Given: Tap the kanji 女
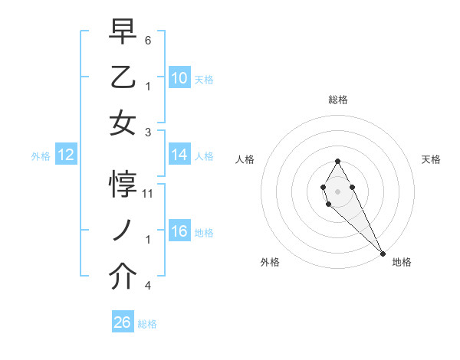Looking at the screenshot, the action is click(x=123, y=123).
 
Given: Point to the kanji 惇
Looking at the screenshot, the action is click(x=123, y=185).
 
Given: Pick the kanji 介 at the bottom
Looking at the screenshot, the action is click(x=123, y=277).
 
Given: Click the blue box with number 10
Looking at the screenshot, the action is click(x=179, y=78).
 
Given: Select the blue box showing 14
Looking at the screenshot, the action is click(x=179, y=155).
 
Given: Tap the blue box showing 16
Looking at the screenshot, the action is click(x=179, y=231).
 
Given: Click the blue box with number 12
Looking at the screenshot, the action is click(x=65, y=155).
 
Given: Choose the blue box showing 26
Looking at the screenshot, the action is click(x=123, y=322).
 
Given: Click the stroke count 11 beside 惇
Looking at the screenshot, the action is click(x=148, y=193).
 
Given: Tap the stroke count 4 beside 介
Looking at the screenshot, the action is click(x=148, y=286).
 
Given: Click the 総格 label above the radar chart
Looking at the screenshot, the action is click(x=337, y=100).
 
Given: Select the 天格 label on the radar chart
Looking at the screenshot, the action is click(x=431, y=159).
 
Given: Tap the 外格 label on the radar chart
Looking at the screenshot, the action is click(x=269, y=262).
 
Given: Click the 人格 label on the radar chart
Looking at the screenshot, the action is click(x=245, y=159).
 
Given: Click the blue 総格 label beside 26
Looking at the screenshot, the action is click(x=147, y=324).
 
